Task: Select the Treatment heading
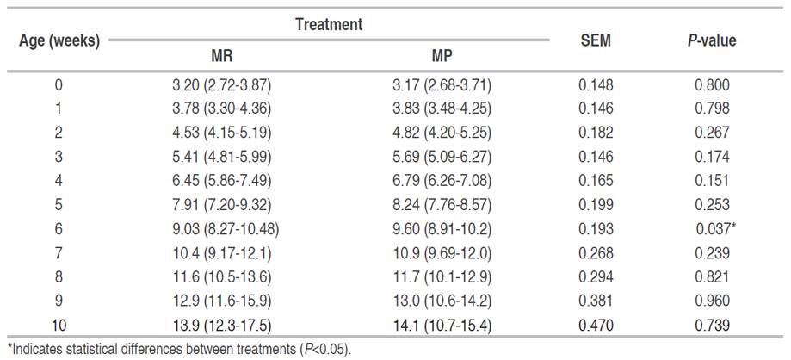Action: pos(328,25)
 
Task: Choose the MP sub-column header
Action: pos(442,57)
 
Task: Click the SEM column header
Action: pos(596,40)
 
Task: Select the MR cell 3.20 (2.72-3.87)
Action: pos(222,85)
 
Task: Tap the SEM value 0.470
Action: pos(596,326)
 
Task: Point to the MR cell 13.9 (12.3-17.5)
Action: pos(222,326)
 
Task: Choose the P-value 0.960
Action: pos(712,301)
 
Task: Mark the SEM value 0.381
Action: pos(596,301)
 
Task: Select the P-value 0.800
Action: pos(712,85)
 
